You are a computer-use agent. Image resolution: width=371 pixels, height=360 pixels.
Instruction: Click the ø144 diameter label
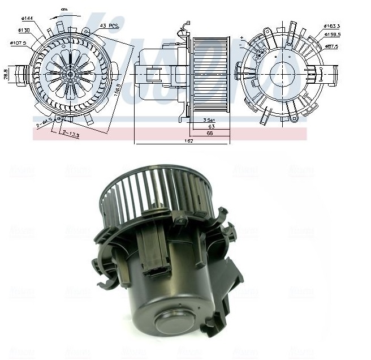[x=26, y=19]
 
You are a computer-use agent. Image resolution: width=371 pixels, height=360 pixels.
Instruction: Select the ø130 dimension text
[x=24, y=29]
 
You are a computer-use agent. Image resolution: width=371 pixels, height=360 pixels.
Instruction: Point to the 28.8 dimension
[x=5, y=74]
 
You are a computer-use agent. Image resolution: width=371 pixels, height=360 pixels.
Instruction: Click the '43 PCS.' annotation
[x=109, y=26]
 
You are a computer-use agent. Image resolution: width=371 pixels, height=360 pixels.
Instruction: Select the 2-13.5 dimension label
[x=70, y=135]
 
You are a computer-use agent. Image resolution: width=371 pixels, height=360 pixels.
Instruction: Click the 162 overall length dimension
[x=189, y=141]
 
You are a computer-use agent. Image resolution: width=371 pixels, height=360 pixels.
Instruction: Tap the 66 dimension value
[x=210, y=133]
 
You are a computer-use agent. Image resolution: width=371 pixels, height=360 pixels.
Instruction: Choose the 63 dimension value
[x=210, y=126]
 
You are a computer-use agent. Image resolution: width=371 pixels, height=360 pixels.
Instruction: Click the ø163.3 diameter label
[x=331, y=26]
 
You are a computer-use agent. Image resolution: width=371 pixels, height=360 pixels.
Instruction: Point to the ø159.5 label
[x=331, y=35]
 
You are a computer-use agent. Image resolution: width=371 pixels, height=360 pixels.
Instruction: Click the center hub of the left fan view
[x=70, y=74]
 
